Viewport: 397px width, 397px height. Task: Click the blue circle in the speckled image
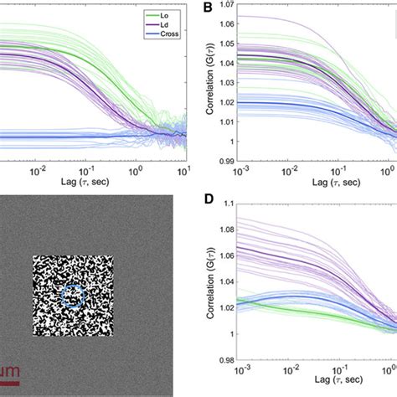[73, 296]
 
